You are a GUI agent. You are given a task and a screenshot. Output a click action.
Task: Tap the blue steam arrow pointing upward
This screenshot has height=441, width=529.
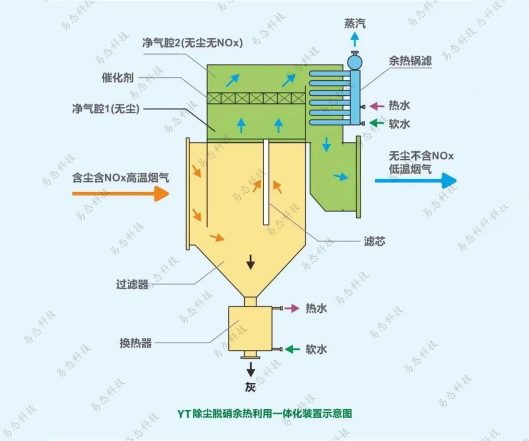coord(354,40)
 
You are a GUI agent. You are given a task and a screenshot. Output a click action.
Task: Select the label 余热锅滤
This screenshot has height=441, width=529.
coord(410,61)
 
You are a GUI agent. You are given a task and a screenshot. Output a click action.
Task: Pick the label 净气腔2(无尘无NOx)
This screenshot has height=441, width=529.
coord(193,43)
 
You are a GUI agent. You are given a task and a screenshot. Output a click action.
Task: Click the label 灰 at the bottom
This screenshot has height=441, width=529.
coord(250,387)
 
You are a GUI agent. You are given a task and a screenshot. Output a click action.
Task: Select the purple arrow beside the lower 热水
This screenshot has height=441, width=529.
coord(291,308)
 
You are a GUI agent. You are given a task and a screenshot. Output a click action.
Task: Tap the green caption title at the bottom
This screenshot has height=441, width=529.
coord(264,414)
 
